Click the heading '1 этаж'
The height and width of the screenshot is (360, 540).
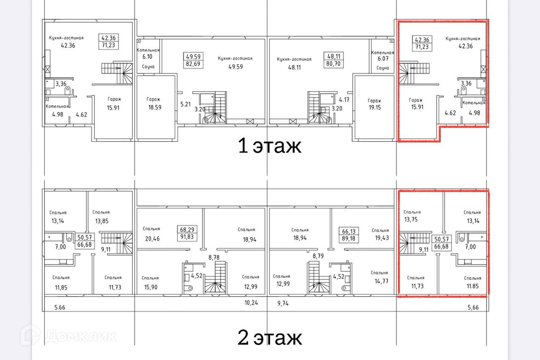pyautogui.click(x=270, y=146)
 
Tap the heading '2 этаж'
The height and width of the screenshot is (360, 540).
pyautogui.click(x=270, y=337)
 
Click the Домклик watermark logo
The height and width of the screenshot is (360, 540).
pyautogui.click(x=68, y=336)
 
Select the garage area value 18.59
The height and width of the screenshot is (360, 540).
pyautogui.click(x=155, y=107)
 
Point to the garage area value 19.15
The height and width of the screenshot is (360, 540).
pyautogui.click(x=375, y=107)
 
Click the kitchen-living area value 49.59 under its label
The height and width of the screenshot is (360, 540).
pyautogui.click(x=235, y=67)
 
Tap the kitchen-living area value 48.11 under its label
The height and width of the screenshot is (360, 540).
pyautogui.click(x=294, y=67)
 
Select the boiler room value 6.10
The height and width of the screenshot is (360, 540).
pyautogui.click(x=147, y=57)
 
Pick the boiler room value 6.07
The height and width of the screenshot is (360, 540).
pyautogui.click(x=383, y=59)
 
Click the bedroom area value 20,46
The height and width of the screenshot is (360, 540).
pyautogui.click(x=152, y=239)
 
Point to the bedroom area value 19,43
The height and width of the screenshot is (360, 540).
pyautogui.click(x=382, y=238)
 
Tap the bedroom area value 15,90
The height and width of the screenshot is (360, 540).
pyautogui.click(x=151, y=287)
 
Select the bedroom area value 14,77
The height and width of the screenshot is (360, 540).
pyautogui.click(x=381, y=281)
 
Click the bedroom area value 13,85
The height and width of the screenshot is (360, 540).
pyautogui.click(x=102, y=221)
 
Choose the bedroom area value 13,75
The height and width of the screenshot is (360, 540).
pyautogui.click(x=411, y=219)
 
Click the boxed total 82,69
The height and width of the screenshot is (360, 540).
pyautogui.click(x=193, y=64)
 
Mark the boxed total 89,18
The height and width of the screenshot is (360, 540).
pyautogui.click(x=348, y=239)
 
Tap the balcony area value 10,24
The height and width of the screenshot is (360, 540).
pyautogui.click(x=251, y=303)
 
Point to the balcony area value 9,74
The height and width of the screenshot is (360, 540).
pyautogui.click(x=283, y=303)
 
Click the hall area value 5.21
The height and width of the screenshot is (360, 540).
pyautogui.click(x=185, y=104)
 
